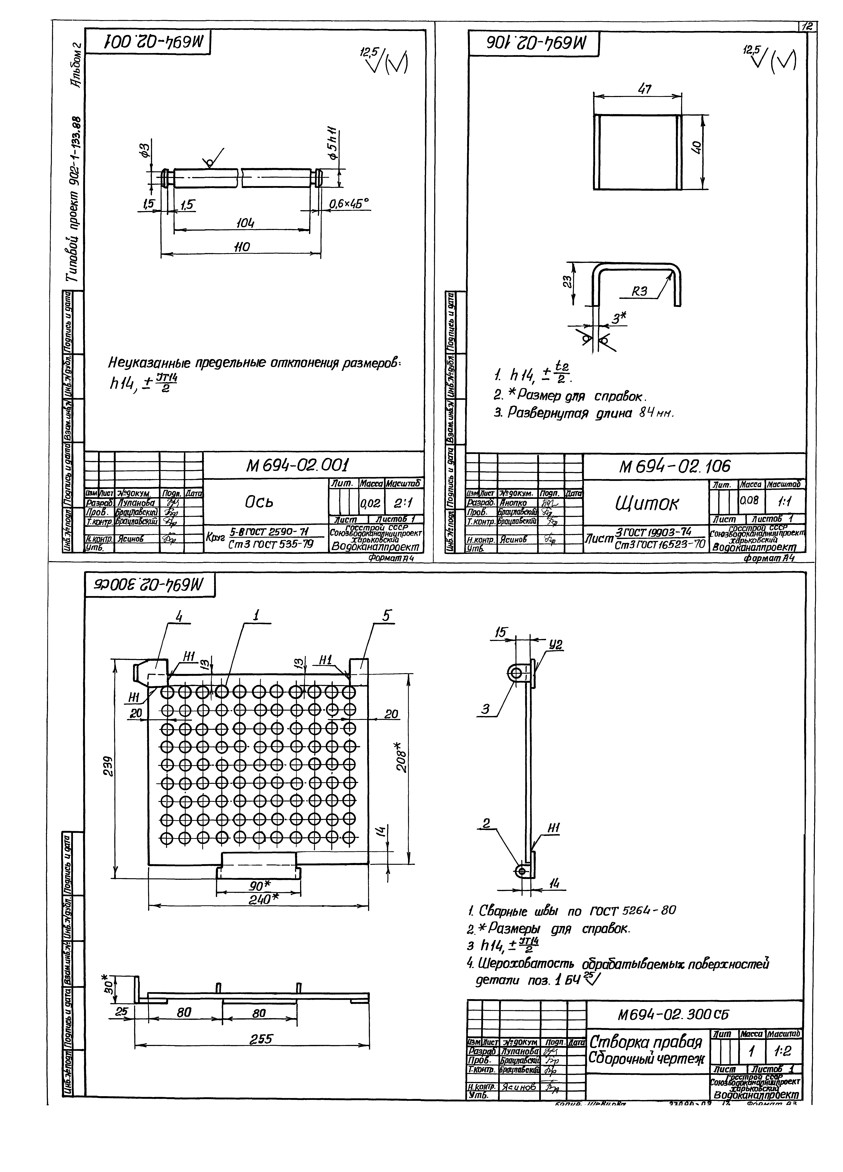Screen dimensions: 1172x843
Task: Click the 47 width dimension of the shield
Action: pos(644,89)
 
